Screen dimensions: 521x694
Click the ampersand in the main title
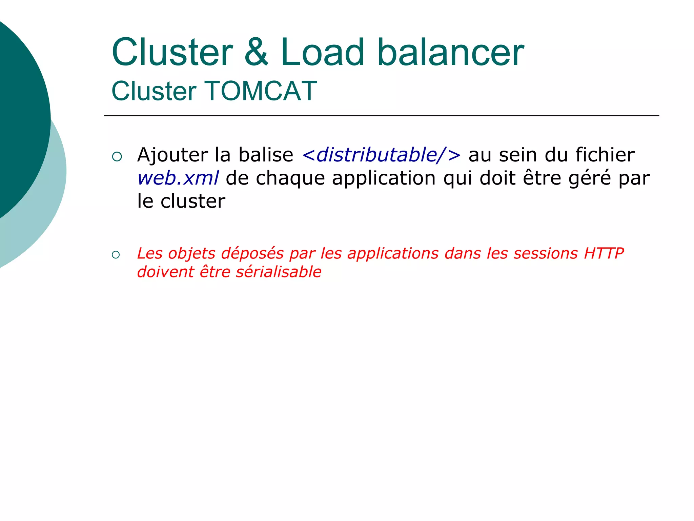click(x=257, y=53)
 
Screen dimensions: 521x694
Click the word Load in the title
click(x=322, y=53)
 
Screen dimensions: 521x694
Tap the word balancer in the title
click(x=451, y=53)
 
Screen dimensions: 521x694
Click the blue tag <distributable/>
click(x=381, y=155)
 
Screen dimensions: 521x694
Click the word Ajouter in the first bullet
click(x=172, y=155)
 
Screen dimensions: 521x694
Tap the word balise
click(x=266, y=155)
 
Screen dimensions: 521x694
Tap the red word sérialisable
click(x=279, y=272)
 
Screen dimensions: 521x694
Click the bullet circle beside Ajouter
click(x=117, y=156)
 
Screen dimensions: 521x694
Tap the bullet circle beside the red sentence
click(x=116, y=255)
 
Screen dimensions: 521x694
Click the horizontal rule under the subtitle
click(x=381, y=116)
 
